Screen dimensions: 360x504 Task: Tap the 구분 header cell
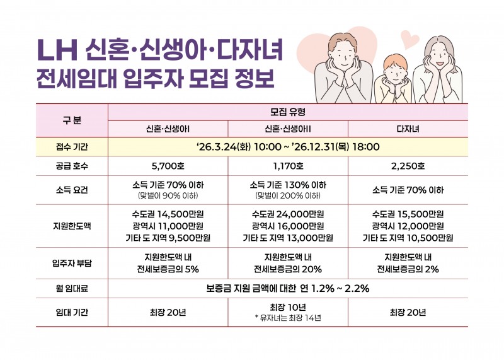coord(71,119)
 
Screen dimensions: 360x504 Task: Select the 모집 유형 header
coord(287,112)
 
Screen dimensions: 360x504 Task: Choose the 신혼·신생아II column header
coord(287,129)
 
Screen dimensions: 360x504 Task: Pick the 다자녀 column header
coord(408,129)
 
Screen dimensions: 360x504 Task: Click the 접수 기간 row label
coord(71,147)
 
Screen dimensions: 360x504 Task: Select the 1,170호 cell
coord(287,166)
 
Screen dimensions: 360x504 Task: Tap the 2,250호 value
coord(408,166)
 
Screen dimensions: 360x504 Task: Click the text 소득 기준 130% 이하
coord(287,185)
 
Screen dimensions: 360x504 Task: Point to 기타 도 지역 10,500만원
coord(408,238)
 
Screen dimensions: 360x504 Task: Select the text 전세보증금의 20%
coord(287,269)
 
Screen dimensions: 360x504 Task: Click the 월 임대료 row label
coord(71,289)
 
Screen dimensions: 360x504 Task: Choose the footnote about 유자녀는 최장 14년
coord(287,318)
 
